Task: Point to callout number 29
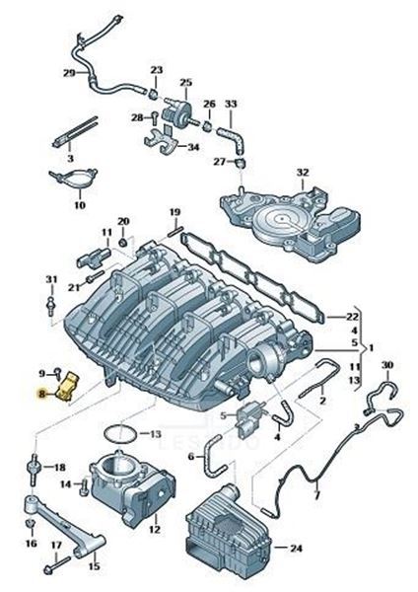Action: coord(69,73)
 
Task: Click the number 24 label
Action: coord(297,548)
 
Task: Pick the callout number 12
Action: coord(154,530)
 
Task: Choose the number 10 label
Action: coord(79,205)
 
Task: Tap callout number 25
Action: coord(185,82)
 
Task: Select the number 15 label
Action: coord(95,566)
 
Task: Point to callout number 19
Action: coord(174,212)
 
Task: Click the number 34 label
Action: coord(193,147)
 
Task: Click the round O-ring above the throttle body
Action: coord(118,432)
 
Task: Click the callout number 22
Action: coord(352,317)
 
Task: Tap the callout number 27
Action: coord(221,161)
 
